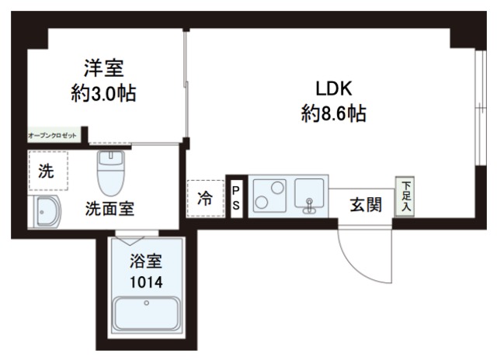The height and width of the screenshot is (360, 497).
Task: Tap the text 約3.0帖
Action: pyautogui.click(x=103, y=95)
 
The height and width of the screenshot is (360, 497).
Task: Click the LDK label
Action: pyautogui.click(x=333, y=88)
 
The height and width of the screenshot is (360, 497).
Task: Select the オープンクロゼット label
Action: pyautogui.click(x=53, y=136)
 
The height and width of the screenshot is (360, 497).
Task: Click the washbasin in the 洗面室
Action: pyautogui.click(x=49, y=211)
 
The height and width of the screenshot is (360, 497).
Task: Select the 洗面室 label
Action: pyautogui.click(x=109, y=209)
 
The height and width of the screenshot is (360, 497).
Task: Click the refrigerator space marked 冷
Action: pyautogui.click(x=204, y=199)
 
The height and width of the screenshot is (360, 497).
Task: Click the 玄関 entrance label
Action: pyautogui.click(x=365, y=205)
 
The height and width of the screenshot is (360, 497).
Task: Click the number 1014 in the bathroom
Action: pyautogui.click(x=145, y=281)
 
